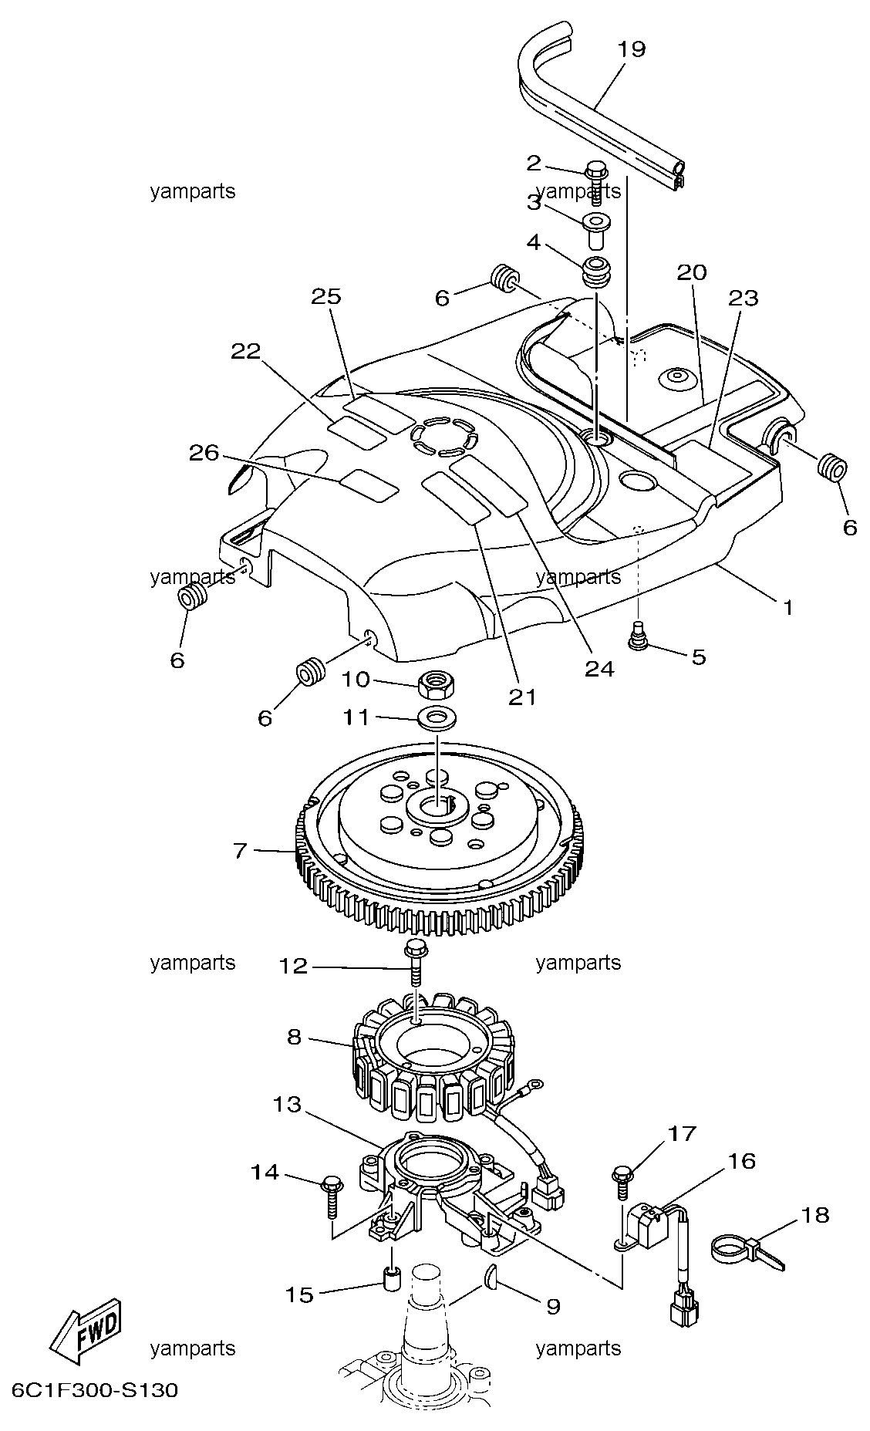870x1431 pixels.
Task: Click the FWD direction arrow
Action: (x=86, y=1337)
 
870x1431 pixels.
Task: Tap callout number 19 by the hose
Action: (x=631, y=49)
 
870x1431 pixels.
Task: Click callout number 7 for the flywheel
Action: (x=240, y=851)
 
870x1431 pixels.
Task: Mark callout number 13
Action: (x=287, y=1105)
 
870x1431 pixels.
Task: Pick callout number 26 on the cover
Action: (x=204, y=454)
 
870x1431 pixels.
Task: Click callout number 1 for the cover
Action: (x=788, y=608)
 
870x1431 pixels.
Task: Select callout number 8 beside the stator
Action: (x=295, y=1037)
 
